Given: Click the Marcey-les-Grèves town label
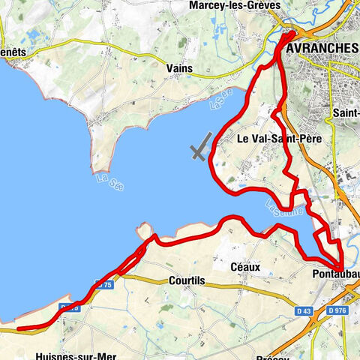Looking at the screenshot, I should (x=235, y=5).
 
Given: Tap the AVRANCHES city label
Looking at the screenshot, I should (x=321, y=48).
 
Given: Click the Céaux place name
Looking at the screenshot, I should (x=246, y=266).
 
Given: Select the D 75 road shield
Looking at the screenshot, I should (x=104, y=286).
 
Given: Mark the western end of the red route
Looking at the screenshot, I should (x=18, y=328).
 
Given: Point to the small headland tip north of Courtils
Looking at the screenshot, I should (x=145, y=227).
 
